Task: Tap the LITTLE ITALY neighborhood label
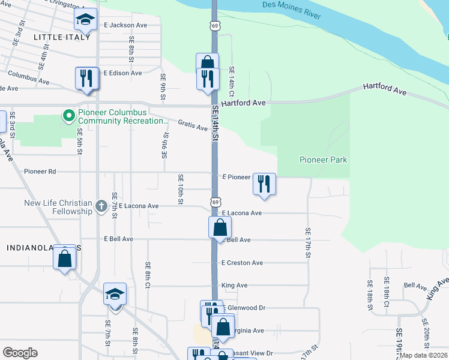[x=62, y=37]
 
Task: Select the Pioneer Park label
[x=324, y=160]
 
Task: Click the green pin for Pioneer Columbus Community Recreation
[x=68, y=115]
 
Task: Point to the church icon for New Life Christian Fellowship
[x=101, y=208]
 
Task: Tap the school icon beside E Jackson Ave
[x=85, y=20]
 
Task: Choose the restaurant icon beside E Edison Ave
[x=86, y=78]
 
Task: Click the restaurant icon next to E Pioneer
[x=264, y=183]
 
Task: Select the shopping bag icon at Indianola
[x=65, y=259]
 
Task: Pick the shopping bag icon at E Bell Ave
[x=220, y=228]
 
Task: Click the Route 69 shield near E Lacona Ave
[x=215, y=202]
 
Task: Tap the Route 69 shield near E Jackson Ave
[x=215, y=25]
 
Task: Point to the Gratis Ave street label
[x=193, y=125]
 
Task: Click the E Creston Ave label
[x=242, y=263]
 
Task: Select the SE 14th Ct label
[x=231, y=80]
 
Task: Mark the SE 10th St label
[x=180, y=189]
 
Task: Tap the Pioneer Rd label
[x=40, y=172]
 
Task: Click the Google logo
[x=20, y=353]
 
